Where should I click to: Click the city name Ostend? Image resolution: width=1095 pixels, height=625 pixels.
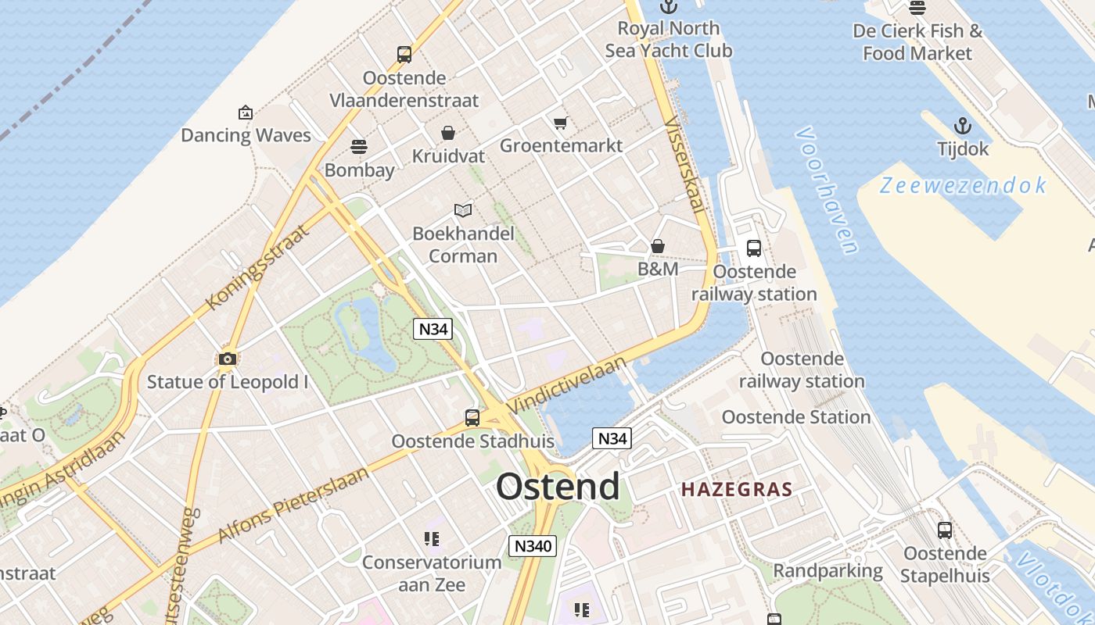coord(558,486)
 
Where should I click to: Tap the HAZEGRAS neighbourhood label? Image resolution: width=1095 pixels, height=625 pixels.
coord(737,490)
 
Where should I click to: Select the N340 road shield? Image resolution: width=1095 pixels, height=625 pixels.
coord(532,545)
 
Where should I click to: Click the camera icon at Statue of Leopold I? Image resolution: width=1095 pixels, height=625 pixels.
coord(228,359)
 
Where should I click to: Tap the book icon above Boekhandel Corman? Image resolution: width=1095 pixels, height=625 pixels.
coord(463,210)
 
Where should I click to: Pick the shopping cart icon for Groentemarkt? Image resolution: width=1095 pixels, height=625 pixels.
coord(560,123)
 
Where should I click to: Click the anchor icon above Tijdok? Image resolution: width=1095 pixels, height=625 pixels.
coord(963,126)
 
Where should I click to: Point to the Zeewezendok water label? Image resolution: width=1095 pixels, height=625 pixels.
coord(963,186)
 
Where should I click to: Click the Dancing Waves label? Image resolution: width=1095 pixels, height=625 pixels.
coord(246,135)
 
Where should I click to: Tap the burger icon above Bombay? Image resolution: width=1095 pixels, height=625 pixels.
coord(359,147)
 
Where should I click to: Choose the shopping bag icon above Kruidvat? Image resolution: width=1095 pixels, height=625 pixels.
coord(448,133)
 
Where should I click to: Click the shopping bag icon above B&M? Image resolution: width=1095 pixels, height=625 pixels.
coord(658,246)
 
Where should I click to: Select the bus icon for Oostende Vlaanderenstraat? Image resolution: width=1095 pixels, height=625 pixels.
coord(404,54)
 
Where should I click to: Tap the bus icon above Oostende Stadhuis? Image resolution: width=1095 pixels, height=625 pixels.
coord(472,417)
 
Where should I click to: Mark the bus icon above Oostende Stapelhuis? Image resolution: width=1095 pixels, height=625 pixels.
coord(945,530)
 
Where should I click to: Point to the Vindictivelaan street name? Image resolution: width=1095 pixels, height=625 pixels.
coord(568,385)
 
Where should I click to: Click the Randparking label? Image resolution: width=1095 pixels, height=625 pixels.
coord(828,571)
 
